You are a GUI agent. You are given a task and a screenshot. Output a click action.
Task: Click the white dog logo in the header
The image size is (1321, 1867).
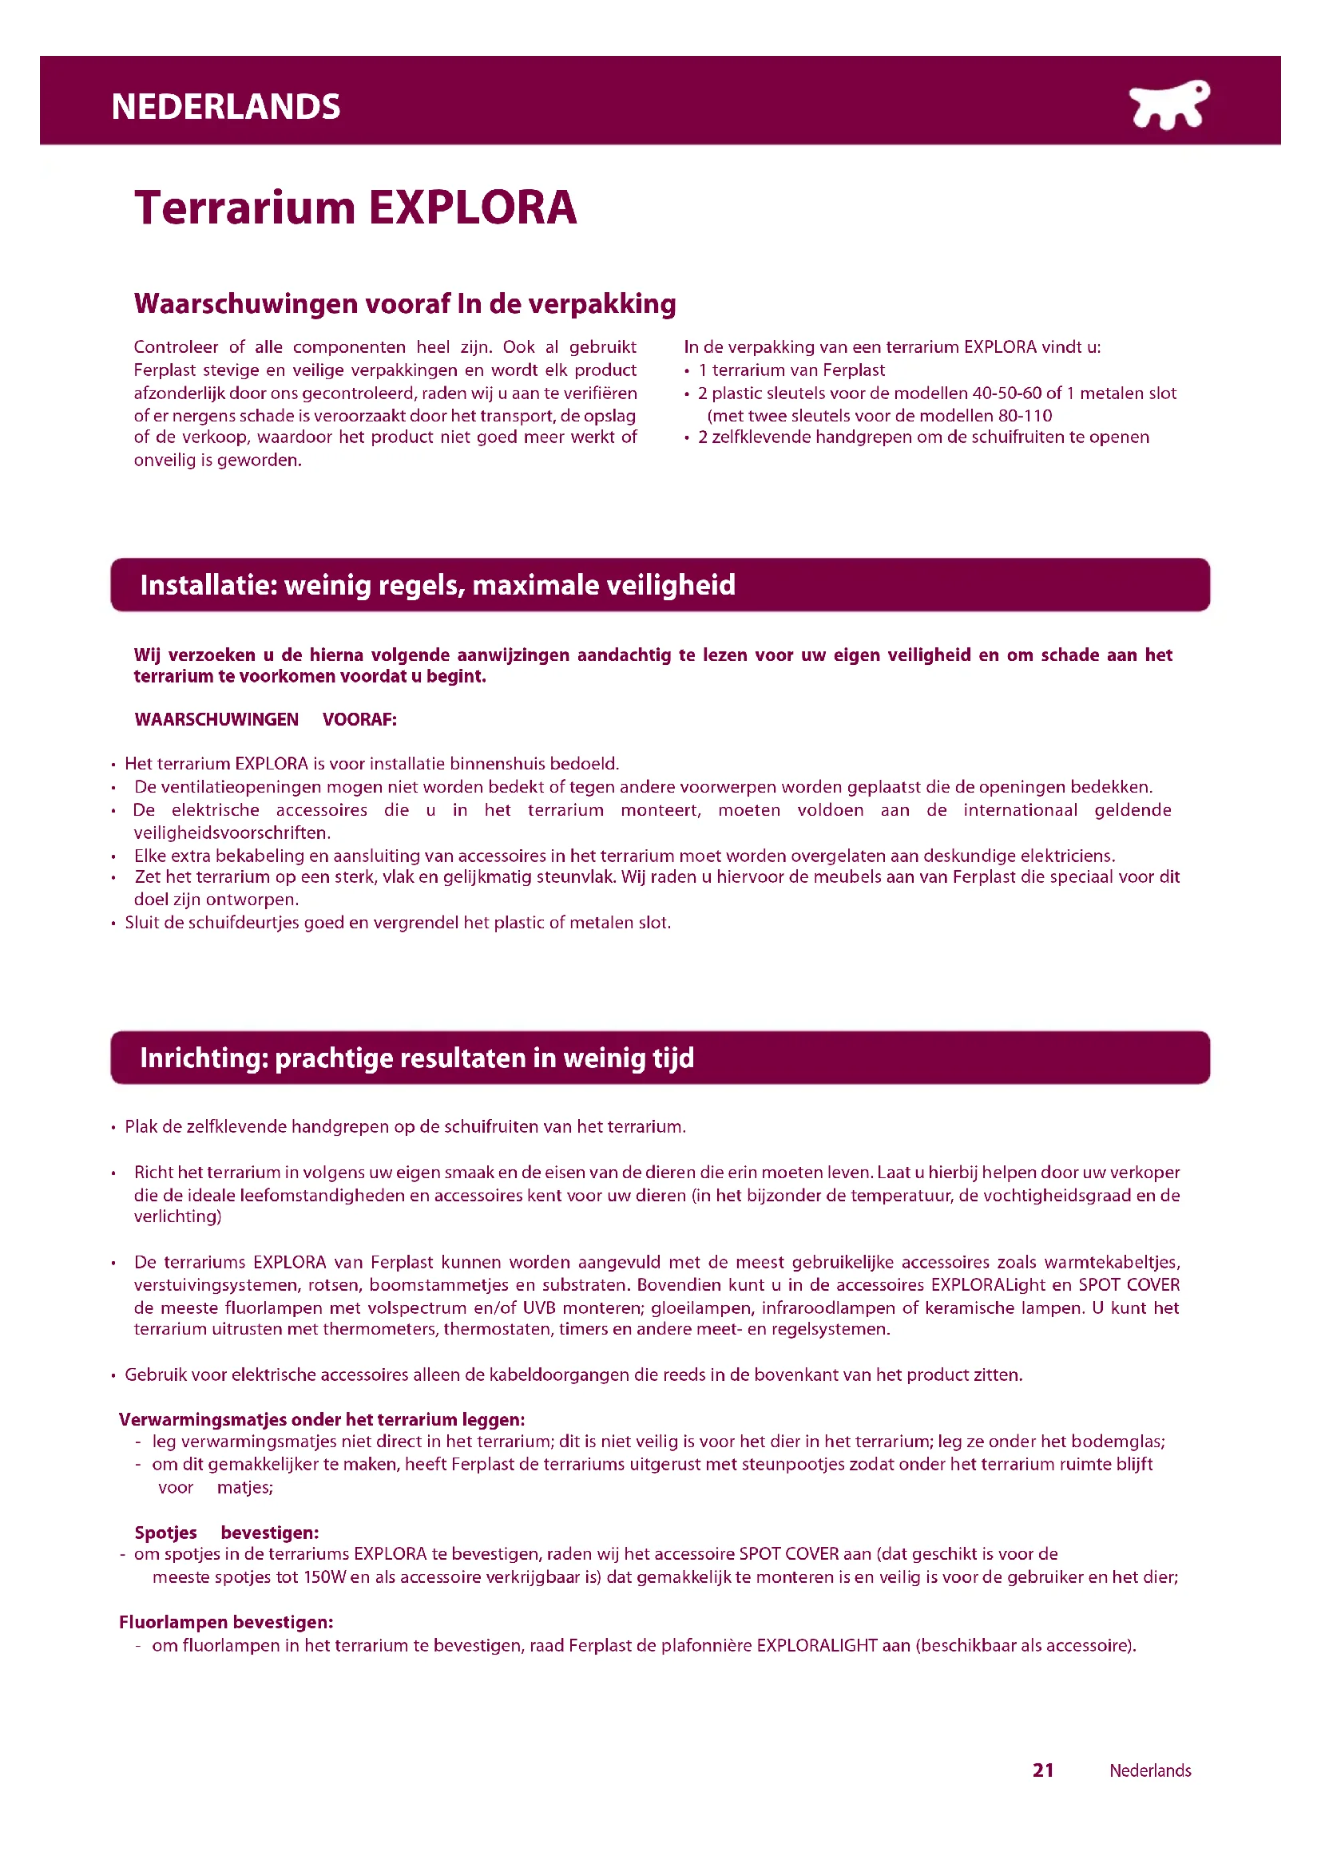click(1169, 105)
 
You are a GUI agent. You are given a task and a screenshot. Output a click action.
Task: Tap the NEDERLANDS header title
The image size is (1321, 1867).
click(225, 107)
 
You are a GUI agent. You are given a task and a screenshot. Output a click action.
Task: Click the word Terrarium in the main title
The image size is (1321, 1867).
click(245, 208)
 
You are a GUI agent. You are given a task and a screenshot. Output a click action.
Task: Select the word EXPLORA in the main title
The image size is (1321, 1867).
click(473, 208)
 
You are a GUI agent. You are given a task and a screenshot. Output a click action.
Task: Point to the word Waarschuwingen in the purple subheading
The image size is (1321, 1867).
click(246, 303)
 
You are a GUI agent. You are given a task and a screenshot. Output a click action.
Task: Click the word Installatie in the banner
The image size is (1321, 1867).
click(208, 584)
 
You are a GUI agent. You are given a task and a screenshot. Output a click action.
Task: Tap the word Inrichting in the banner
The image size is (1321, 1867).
click(204, 1058)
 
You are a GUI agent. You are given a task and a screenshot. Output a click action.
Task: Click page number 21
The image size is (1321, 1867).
click(1043, 1770)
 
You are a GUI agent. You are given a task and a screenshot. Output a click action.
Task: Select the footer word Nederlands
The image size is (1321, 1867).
click(1149, 1770)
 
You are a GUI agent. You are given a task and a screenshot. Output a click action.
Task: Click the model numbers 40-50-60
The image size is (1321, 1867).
click(1007, 394)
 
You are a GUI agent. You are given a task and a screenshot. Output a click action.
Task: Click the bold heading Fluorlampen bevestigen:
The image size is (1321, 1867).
click(226, 1622)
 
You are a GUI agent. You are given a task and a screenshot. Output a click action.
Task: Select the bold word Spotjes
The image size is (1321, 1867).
click(166, 1533)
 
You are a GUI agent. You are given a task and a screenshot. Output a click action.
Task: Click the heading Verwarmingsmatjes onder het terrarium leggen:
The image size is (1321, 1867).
click(321, 1420)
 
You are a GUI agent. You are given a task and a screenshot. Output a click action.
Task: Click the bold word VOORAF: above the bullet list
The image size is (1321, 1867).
click(359, 720)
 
